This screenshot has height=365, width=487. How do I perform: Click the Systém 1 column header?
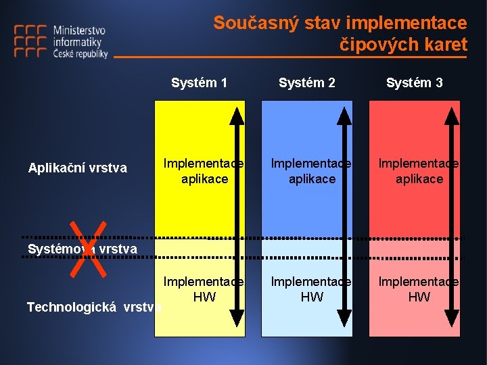(x=199, y=83)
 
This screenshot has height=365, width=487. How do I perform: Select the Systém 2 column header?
(x=307, y=83)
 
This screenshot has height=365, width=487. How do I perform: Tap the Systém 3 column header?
(x=415, y=83)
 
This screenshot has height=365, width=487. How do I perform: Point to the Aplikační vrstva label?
(x=77, y=168)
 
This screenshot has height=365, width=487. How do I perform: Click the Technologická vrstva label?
(x=94, y=308)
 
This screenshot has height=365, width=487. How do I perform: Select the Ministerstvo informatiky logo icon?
(x=30, y=43)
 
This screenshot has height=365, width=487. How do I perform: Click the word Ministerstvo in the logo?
(x=79, y=30)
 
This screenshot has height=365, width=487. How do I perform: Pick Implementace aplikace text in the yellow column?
(x=204, y=171)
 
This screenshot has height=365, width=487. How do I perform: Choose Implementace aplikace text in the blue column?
(x=311, y=171)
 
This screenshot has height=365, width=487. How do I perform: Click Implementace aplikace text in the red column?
(x=418, y=171)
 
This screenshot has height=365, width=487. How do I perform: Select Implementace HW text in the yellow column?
(x=204, y=289)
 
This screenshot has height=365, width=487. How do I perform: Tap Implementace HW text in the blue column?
(x=311, y=289)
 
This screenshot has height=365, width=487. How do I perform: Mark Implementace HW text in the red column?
(x=418, y=289)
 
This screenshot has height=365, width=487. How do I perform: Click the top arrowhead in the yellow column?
(x=237, y=114)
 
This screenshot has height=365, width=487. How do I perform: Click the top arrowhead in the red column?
(x=451, y=114)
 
